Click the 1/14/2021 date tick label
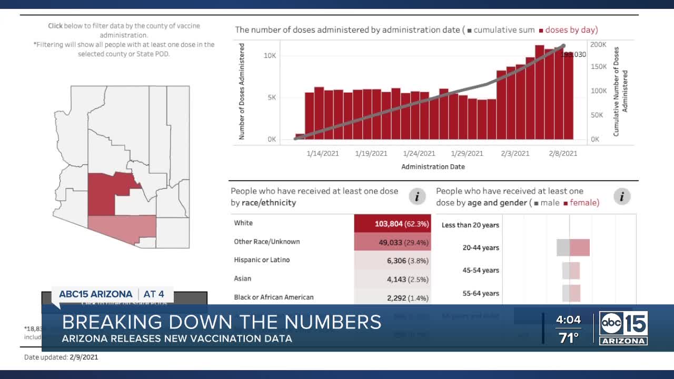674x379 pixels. point(323,154)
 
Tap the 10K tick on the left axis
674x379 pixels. point(270,55)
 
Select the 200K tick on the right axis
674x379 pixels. point(598,45)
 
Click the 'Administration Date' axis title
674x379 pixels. point(433,167)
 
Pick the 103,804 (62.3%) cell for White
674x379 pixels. point(392,223)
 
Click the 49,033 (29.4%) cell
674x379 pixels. point(392,242)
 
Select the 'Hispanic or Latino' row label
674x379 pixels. point(262,260)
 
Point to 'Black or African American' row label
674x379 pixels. point(274,297)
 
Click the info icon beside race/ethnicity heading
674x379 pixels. point(417,197)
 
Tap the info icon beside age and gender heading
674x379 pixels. point(622,197)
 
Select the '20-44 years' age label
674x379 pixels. point(481,248)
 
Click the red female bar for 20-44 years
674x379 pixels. point(579,247)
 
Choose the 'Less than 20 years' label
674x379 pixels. point(470,225)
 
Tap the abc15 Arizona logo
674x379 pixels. point(623,327)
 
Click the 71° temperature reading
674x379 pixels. point(568,338)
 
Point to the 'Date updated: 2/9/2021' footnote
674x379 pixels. point(61,357)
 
